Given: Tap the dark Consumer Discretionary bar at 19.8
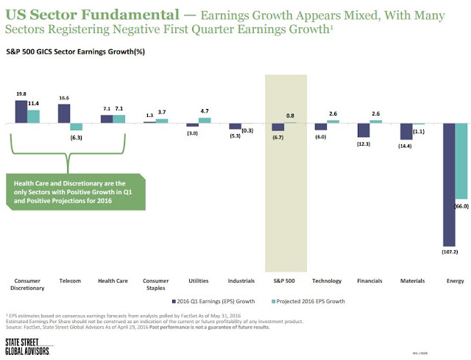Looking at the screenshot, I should [21, 111].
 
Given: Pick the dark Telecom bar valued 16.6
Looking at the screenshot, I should [63, 113].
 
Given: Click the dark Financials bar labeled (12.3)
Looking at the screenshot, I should [363, 130].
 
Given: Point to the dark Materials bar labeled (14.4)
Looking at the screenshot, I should [406, 131].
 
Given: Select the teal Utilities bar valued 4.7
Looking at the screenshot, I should [205, 120].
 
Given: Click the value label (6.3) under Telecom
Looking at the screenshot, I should [76, 137].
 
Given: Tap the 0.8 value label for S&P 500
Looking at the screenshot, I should [291, 115].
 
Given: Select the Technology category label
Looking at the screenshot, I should [326, 281].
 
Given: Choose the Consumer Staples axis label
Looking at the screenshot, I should [155, 284].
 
